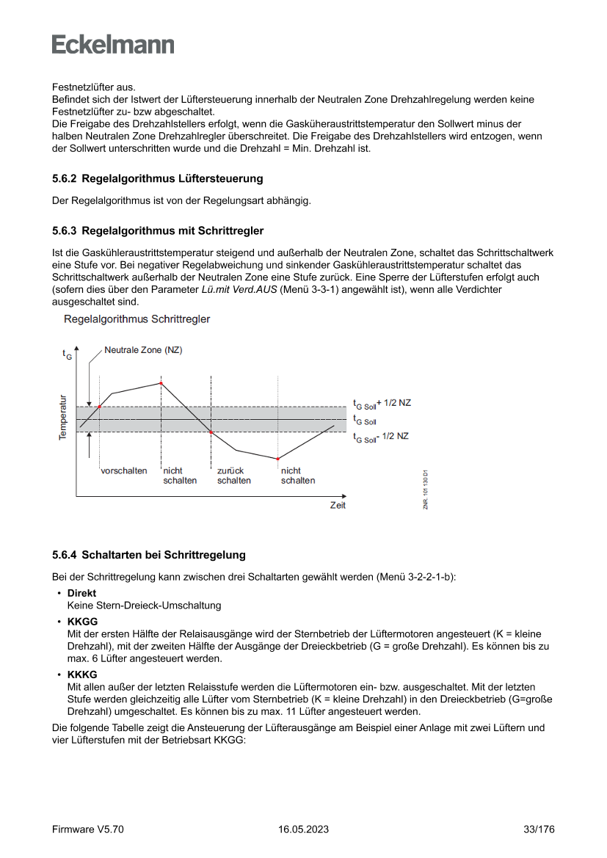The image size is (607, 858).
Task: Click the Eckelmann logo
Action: click(113, 44)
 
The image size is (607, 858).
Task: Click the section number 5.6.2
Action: click(65, 178)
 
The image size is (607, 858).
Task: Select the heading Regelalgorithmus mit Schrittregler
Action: click(172, 231)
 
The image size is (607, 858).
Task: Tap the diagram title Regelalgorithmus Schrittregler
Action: click(137, 319)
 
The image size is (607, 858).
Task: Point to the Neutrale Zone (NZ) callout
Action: click(143, 351)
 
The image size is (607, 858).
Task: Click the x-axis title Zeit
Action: click(337, 506)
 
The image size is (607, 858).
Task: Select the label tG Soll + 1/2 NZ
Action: click(382, 404)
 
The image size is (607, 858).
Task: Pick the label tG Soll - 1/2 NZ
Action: click(380, 437)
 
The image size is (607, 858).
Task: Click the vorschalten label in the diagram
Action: click(124, 470)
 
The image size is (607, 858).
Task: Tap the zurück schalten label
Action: click(233, 476)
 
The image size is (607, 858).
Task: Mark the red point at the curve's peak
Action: click(161, 383)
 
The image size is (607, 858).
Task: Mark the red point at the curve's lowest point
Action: click(278, 459)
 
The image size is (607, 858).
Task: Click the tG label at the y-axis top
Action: click(67, 355)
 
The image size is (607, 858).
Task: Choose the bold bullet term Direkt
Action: click(81, 593)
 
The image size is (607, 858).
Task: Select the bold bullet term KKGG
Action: click(82, 621)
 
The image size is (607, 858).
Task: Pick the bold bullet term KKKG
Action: click(82, 674)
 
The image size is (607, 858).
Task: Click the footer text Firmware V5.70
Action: click(87, 829)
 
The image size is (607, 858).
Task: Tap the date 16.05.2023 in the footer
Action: click(303, 829)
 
